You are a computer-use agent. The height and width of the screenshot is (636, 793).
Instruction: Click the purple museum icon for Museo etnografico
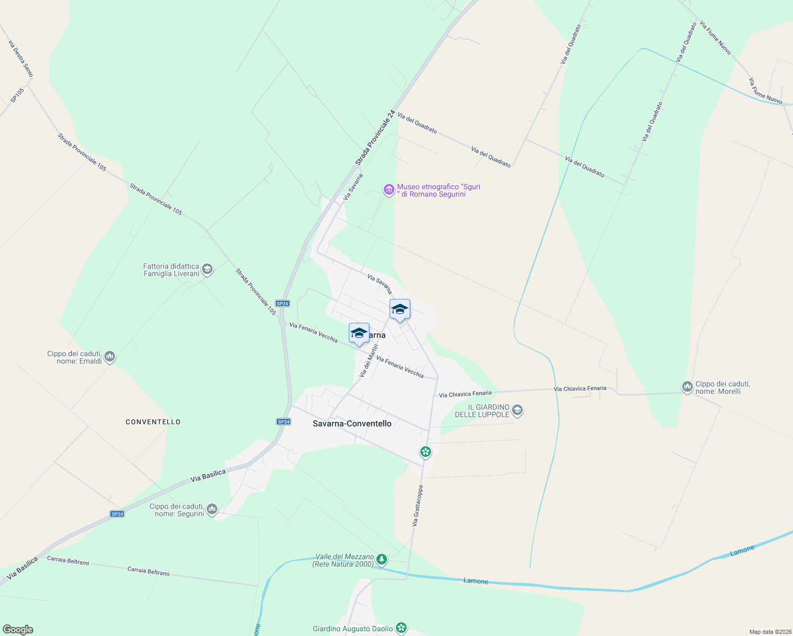click(389, 190)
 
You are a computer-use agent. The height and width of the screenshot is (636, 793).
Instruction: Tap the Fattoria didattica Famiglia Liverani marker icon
click(207, 270)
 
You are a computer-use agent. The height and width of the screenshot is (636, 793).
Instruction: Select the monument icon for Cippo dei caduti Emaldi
click(110, 357)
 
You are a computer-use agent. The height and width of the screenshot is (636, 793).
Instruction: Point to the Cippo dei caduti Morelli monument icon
click(688, 387)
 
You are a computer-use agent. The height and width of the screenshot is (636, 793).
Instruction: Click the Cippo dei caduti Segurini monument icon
click(212, 509)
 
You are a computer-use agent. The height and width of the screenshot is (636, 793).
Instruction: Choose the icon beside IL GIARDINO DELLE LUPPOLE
click(518, 410)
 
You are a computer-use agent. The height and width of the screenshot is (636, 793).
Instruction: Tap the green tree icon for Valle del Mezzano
click(381, 560)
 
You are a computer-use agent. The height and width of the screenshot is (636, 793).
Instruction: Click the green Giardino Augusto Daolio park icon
click(401, 628)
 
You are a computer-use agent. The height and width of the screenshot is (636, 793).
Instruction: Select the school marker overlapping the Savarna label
click(359, 333)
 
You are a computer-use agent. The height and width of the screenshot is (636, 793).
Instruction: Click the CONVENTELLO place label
click(153, 422)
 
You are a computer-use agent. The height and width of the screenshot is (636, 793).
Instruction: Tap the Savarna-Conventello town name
click(352, 423)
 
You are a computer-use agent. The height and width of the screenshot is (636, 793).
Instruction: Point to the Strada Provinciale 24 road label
click(375, 138)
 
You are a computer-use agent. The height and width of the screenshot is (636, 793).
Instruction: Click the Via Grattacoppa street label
click(418, 506)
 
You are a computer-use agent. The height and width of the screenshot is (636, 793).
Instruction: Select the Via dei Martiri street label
click(369, 361)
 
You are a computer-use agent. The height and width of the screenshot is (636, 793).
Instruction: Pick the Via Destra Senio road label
click(21, 59)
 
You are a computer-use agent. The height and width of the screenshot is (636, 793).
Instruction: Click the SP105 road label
click(17, 95)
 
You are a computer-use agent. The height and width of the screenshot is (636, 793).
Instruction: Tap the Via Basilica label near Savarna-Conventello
click(208, 475)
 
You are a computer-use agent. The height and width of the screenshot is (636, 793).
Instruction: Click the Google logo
click(17, 630)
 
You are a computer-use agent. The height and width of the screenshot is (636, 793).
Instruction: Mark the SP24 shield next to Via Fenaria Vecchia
click(283, 304)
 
